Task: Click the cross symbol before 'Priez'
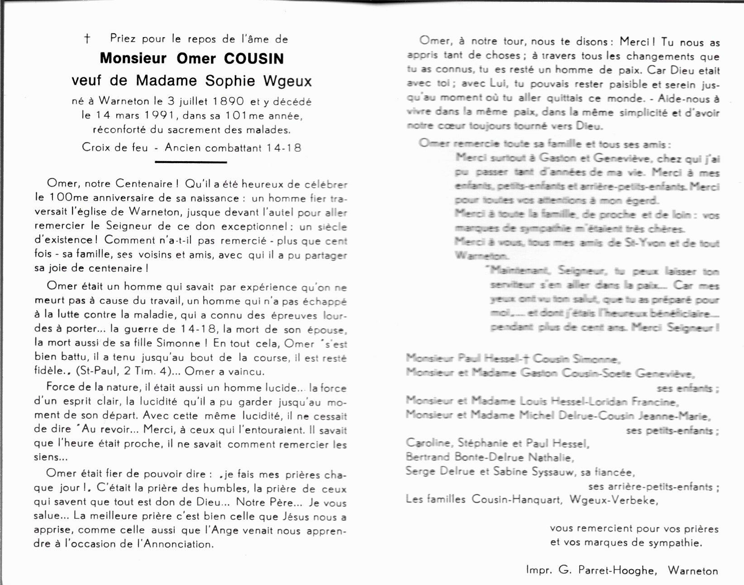click(x=87, y=39)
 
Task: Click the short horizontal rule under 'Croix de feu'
click(x=191, y=162)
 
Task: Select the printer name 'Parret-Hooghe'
click(x=616, y=570)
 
